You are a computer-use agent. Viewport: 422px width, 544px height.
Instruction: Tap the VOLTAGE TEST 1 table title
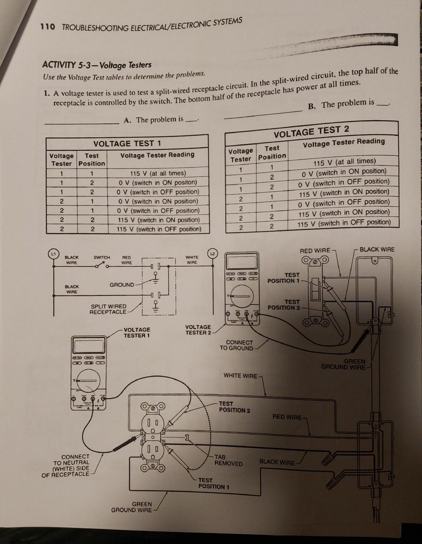tap(127, 143)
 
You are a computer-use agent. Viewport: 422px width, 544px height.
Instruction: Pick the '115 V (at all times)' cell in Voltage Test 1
tap(157, 173)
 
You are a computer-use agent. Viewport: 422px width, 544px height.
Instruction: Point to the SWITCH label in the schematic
tap(102, 258)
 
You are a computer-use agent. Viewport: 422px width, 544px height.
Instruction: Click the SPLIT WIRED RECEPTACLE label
tap(108, 309)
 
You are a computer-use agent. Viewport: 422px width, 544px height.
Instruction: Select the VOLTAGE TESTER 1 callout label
tap(137, 332)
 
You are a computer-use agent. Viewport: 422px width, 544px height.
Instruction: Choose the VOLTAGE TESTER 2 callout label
tap(198, 330)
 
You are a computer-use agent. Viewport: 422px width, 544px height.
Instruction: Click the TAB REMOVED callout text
tap(228, 460)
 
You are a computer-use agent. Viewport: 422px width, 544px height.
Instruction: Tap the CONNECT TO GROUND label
tap(236, 345)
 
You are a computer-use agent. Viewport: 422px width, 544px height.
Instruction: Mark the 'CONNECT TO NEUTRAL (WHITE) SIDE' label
tap(66, 465)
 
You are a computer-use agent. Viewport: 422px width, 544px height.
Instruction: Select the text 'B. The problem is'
tap(341, 104)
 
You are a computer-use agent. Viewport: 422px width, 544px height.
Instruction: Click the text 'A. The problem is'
tap(153, 119)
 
